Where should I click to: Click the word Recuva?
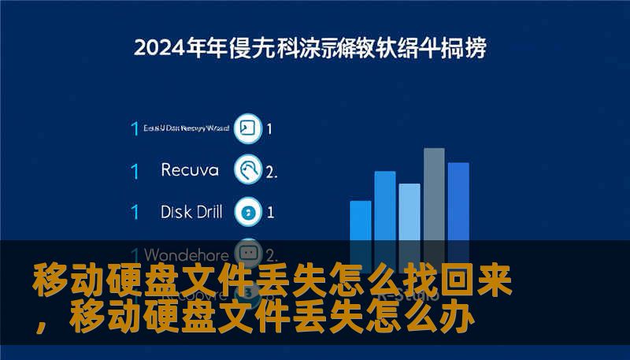tap(189, 170)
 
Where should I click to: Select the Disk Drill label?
tap(191, 212)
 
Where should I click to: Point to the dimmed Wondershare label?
tap(187, 255)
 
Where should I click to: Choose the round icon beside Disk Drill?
tap(249, 212)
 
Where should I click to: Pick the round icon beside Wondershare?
tap(249, 254)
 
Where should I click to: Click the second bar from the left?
tap(385, 205)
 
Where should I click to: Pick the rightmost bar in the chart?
tap(458, 201)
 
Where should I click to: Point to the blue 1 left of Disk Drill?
tap(135, 212)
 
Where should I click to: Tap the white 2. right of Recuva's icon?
tap(272, 171)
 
